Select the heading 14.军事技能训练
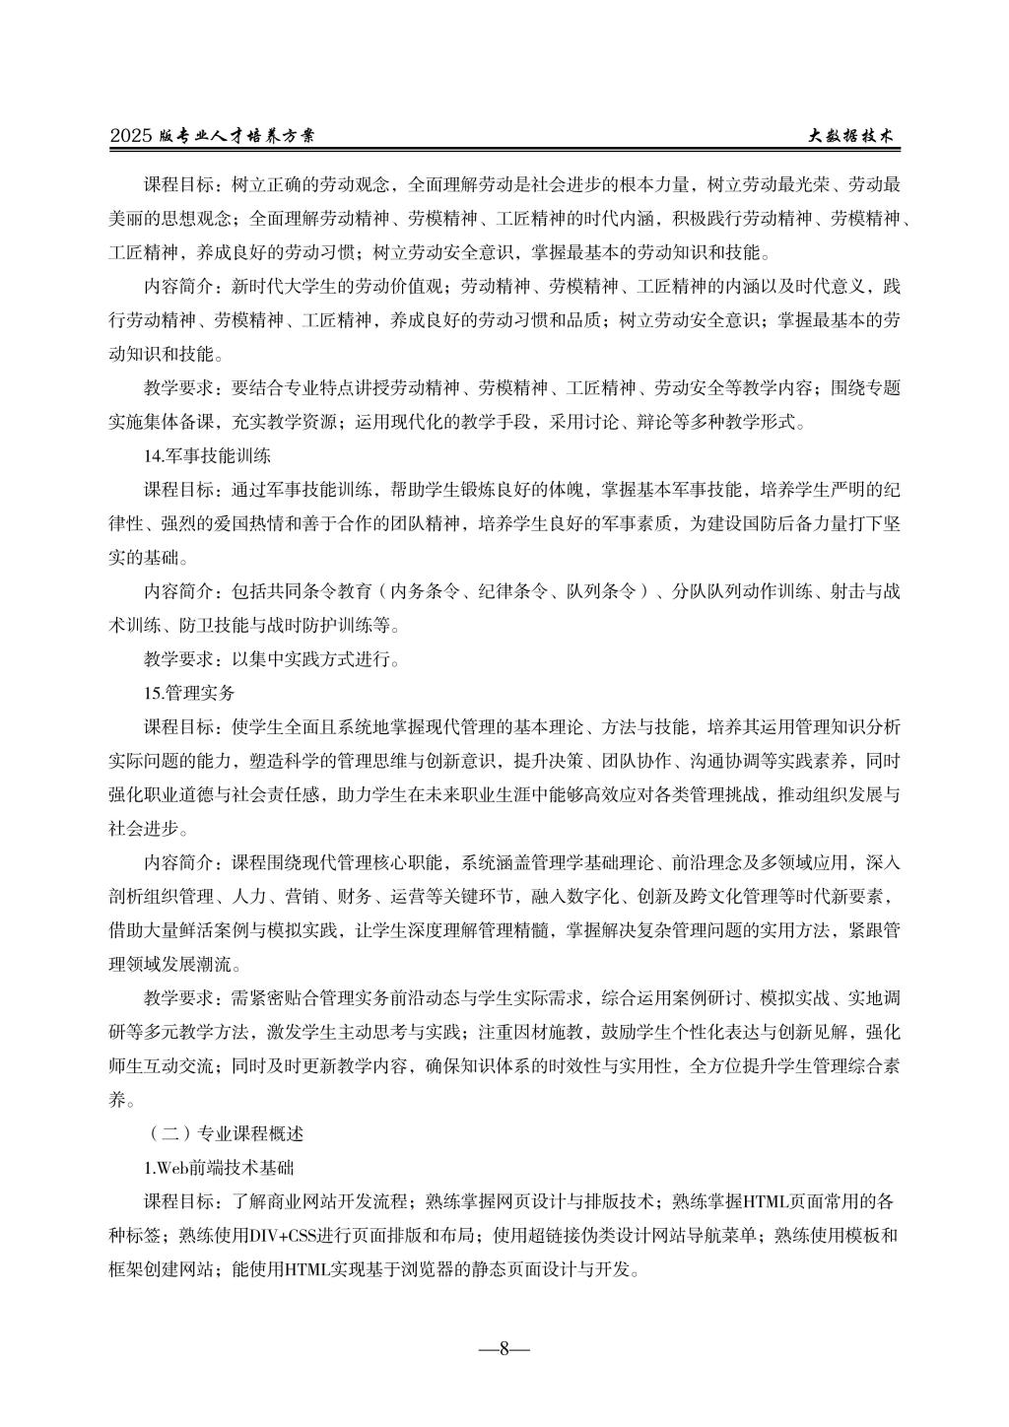208,457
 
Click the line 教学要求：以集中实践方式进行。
272,659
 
